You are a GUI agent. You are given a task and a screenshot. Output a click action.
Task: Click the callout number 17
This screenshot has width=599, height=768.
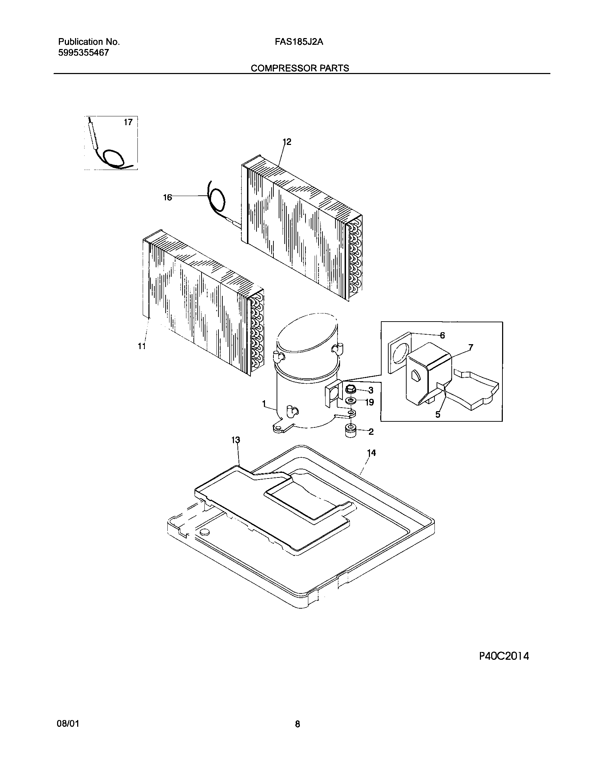click(x=128, y=122)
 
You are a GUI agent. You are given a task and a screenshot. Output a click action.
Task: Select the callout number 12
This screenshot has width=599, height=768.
click(x=287, y=142)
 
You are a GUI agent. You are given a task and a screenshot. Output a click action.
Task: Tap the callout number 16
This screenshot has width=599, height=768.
click(x=167, y=197)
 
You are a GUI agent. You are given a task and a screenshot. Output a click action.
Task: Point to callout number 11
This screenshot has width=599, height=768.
click(x=142, y=346)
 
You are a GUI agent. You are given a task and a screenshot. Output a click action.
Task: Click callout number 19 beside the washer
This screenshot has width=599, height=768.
click(x=369, y=402)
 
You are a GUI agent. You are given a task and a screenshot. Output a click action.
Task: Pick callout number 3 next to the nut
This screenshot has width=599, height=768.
click(x=371, y=390)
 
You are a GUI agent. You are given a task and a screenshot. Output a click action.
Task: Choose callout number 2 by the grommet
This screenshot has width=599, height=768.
click(x=371, y=432)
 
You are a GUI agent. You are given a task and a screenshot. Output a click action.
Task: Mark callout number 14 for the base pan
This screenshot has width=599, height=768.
click(x=371, y=453)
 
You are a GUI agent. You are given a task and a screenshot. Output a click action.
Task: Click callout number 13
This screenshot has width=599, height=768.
click(x=235, y=440)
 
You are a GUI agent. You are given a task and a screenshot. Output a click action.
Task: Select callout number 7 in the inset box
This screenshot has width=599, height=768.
click(x=471, y=347)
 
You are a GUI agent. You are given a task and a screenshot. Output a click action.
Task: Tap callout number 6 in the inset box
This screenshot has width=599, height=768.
click(x=443, y=335)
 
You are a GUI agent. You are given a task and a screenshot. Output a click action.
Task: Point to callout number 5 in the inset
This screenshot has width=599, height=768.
click(x=438, y=415)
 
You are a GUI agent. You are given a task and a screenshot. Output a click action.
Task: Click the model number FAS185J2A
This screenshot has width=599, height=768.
click(x=299, y=42)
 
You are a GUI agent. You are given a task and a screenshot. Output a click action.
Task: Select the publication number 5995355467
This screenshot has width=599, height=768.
click(x=84, y=53)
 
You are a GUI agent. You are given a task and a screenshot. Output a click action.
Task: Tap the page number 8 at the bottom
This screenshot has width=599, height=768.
click(x=298, y=724)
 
